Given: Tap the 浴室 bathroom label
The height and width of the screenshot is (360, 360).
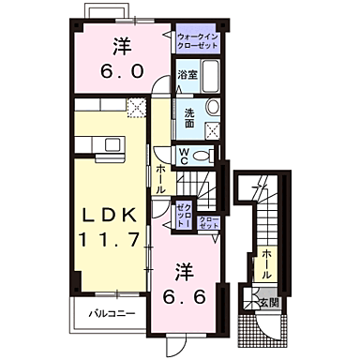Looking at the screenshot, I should click(186, 75).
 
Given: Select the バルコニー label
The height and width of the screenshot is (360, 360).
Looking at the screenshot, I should click(112, 313).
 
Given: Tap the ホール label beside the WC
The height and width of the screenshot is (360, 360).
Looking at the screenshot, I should click(162, 175).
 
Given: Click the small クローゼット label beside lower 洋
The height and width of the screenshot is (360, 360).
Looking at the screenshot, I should click(209, 223).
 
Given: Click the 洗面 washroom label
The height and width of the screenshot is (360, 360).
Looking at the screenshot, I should click(188, 118).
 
